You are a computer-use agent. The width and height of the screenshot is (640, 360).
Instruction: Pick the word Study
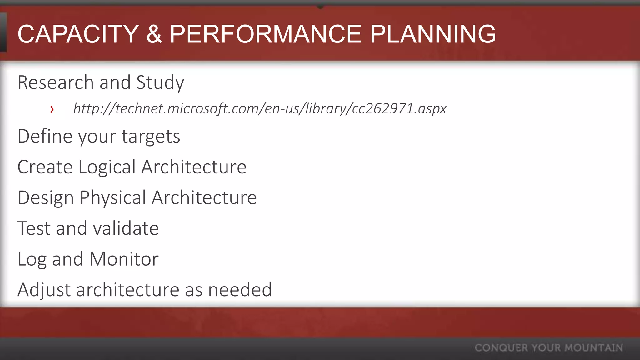click(160, 83)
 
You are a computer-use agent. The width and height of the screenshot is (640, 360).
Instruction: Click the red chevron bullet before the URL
click(52, 109)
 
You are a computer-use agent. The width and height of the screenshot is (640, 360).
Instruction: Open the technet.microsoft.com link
click(260, 108)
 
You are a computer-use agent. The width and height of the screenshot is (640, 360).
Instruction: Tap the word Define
click(45, 136)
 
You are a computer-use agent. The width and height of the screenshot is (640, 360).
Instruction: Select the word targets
click(151, 137)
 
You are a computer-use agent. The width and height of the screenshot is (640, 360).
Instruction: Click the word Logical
click(107, 167)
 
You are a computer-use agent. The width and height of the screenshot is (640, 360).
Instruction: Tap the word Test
click(33, 228)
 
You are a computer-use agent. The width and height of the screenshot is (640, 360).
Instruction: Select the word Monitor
click(124, 259)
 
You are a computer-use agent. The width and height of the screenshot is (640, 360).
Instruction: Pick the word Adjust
click(44, 290)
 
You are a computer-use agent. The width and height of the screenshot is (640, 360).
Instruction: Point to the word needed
click(240, 290)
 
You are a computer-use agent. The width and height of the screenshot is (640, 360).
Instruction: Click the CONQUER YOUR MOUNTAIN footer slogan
click(548, 348)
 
